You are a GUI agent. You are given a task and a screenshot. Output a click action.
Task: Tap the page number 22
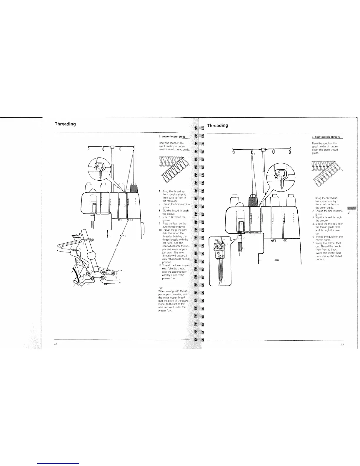(x=55, y=344)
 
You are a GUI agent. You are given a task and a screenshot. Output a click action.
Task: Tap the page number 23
(x=342, y=344)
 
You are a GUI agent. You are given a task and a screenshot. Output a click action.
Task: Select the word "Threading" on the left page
(x=65, y=124)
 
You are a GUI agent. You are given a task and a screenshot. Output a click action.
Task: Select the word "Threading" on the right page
(x=218, y=125)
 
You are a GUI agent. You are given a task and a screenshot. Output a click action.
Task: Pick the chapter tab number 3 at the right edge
(x=348, y=212)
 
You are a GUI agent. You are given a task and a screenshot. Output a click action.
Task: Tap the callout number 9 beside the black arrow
(x=82, y=287)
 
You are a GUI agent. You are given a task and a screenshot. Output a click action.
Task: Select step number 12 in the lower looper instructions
(x=160, y=265)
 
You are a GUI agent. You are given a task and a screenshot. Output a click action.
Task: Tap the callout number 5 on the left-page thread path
(x=125, y=236)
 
